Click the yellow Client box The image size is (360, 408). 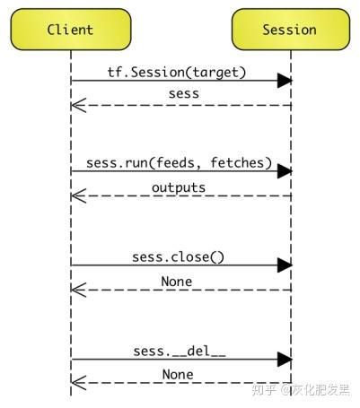pyautogui.click(x=71, y=30)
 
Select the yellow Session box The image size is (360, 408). pyautogui.click(x=291, y=30)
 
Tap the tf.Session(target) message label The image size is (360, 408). pyautogui.click(x=177, y=73)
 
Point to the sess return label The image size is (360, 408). pyautogui.click(x=183, y=94)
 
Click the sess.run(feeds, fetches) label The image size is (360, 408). pyautogui.click(x=179, y=163)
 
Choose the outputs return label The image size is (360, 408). pyautogui.click(x=179, y=187)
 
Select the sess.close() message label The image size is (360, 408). pyautogui.click(x=178, y=257)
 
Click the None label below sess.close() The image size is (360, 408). pyautogui.click(x=177, y=282)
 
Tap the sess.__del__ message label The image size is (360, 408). pyautogui.click(x=180, y=352)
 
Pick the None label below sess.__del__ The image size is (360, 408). pyautogui.click(x=178, y=375)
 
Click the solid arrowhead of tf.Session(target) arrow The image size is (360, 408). pyautogui.click(x=285, y=81)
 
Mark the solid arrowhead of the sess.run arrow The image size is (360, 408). pyautogui.click(x=285, y=171)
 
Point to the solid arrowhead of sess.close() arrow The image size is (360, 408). pyautogui.click(x=285, y=265)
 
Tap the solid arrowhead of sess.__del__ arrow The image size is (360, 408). pyautogui.click(x=285, y=360)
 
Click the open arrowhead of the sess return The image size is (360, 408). pyautogui.click(x=78, y=105)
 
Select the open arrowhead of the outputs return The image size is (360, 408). pyautogui.click(x=78, y=195)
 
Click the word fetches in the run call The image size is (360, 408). pyautogui.click(x=237, y=163)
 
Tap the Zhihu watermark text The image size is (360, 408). pyautogui.click(x=301, y=389)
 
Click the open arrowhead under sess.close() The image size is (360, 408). pyautogui.click(x=78, y=290)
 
